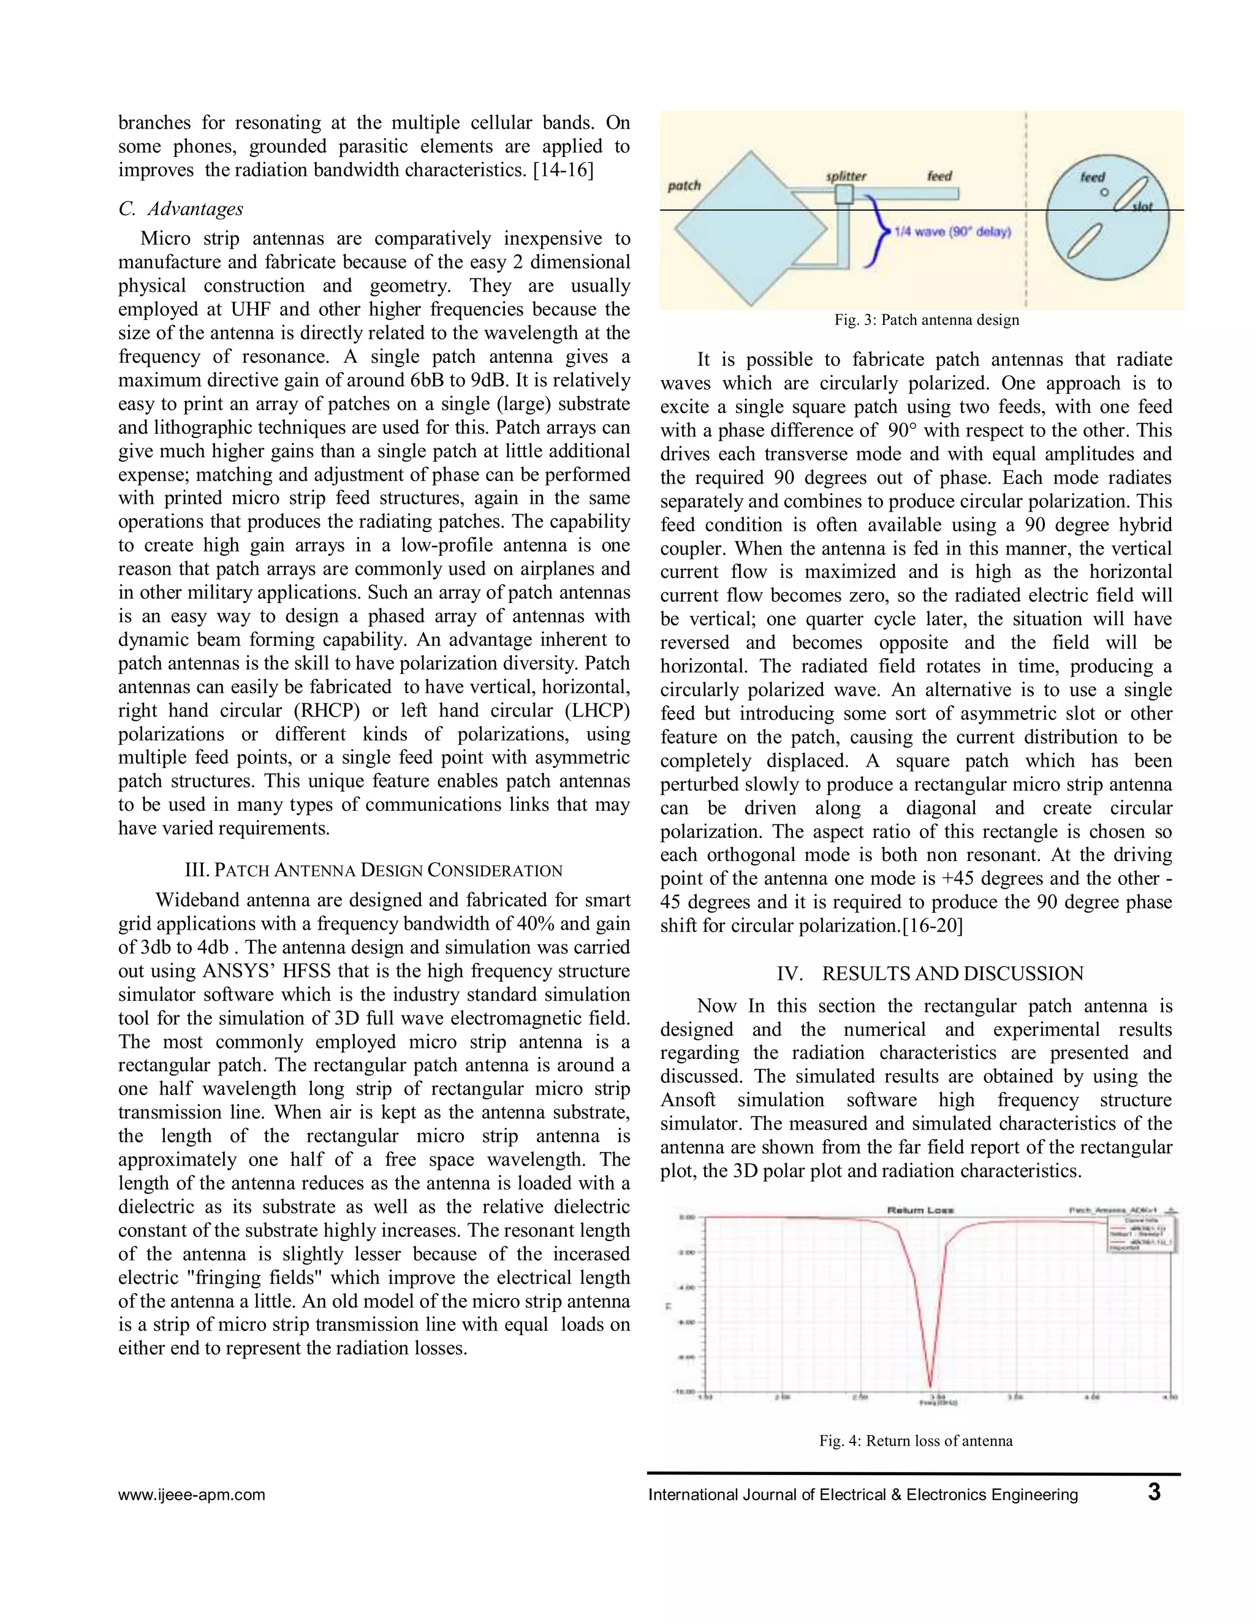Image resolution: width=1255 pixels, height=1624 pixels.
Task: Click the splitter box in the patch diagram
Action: [x=844, y=195]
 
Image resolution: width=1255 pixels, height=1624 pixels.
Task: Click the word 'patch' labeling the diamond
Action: [x=684, y=185]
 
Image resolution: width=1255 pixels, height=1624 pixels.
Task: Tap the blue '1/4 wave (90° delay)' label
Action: [x=952, y=232]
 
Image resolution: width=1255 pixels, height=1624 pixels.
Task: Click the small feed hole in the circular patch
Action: [x=1104, y=192]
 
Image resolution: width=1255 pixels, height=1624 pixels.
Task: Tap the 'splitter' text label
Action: [x=846, y=176]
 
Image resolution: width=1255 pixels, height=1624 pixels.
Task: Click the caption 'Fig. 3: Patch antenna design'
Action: [x=927, y=321]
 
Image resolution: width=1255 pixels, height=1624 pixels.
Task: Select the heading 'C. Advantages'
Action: [x=181, y=209]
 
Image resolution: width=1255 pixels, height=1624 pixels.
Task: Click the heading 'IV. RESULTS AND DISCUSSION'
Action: [x=930, y=974]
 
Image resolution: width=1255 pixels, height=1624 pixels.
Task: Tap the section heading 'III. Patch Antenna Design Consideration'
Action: [x=373, y=871]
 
